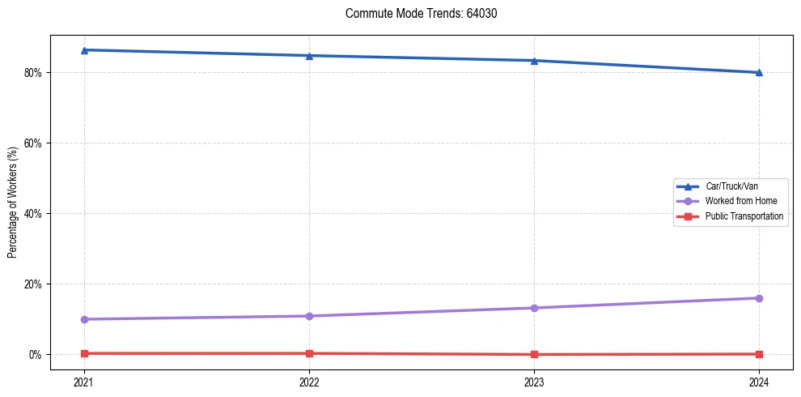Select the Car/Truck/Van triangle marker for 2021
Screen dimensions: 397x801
click(84, 50)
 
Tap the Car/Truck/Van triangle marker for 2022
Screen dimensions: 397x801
click(309, 56)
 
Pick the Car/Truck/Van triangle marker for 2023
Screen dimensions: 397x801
click(534, 61)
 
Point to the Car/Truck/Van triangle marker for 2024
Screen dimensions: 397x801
click(759, 73)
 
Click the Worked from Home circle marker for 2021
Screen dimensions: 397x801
click(84, 319)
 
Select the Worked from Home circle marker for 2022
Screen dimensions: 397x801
click(309, 316)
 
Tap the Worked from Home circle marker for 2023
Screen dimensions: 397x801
click(534, 308)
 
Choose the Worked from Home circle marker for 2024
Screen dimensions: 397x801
click(759, 298)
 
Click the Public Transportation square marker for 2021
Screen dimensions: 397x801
click(84, 353)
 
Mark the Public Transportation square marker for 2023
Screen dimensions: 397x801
click(534, 354)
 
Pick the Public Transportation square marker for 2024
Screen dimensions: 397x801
click(759, 354)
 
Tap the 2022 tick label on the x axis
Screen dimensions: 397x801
click(309, 382)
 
